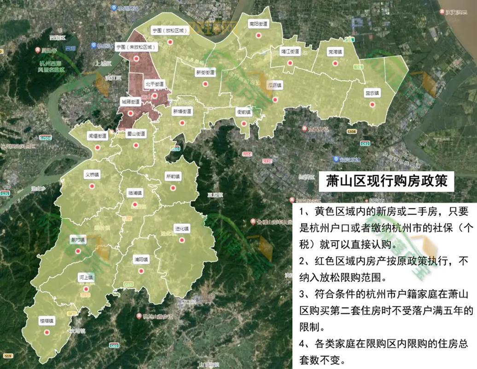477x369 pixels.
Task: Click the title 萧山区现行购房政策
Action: click(386, 180)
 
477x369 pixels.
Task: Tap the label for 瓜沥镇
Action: click(275, 85)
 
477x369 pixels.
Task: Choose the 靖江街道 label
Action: click(291, 52)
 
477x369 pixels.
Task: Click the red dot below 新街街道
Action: click(205, 84)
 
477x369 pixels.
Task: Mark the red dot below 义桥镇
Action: click(92, 186)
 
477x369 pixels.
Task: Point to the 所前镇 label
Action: click(173, 176)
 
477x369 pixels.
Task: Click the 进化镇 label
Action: click(182, 229)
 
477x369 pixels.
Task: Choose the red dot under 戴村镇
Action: click(78, 251)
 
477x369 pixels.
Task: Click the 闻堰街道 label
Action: click(98, 136)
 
